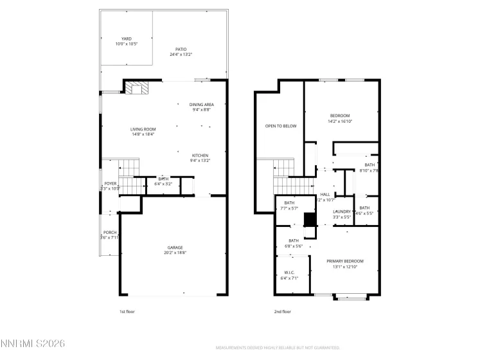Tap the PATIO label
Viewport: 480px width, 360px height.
[181, 50]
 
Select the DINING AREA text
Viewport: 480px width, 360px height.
[202, 104]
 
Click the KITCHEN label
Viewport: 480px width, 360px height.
[200, 156]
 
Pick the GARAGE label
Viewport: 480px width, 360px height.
[175, 248]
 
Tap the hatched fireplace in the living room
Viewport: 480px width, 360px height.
[136, 88]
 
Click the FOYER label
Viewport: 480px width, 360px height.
[111, 184]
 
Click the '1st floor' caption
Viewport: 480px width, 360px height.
[127, 311]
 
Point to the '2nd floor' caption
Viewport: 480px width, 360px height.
[283, 311]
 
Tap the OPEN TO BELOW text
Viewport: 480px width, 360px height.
[281, 126]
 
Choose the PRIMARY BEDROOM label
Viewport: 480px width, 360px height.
[344, 261]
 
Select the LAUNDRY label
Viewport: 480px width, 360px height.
[341, 212]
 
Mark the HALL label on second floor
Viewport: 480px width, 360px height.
[325, 195]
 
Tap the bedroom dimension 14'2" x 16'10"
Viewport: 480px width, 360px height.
[340, 121]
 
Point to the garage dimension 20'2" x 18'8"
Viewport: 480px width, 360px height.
[175, 253]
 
